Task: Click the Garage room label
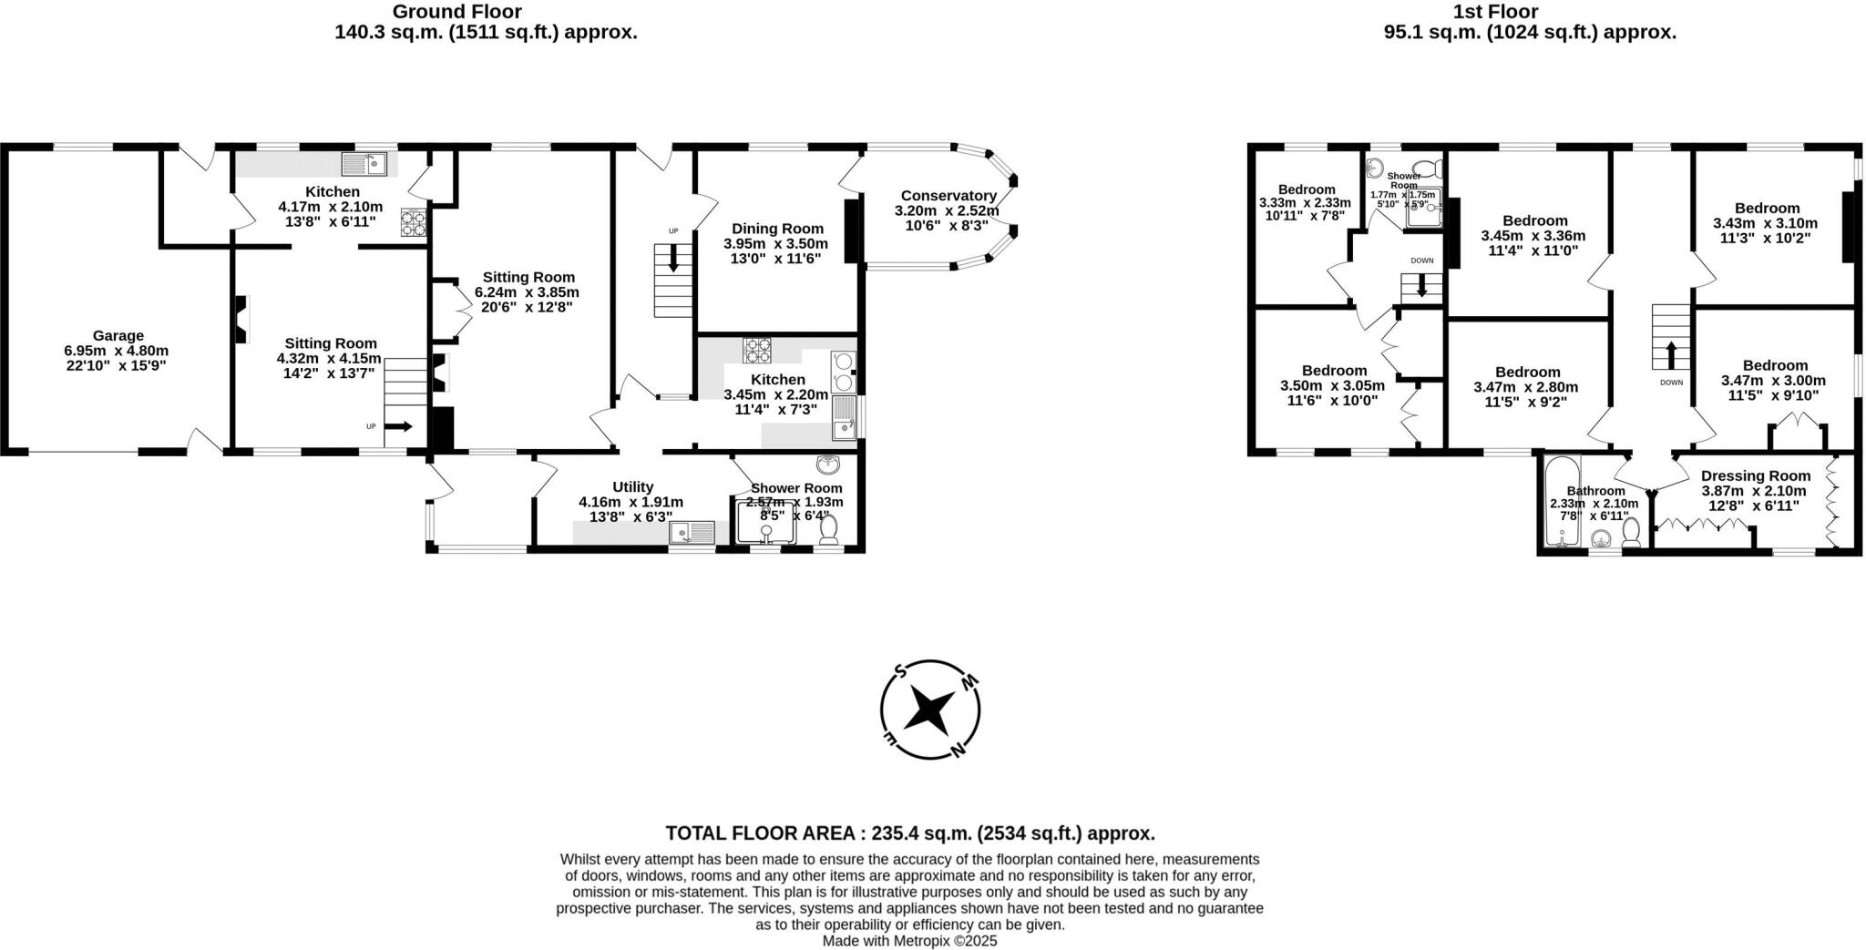[117, 335]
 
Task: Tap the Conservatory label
[948, 195]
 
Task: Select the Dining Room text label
[777, 229]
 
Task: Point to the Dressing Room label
[1755, 475]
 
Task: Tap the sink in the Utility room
[692, 533]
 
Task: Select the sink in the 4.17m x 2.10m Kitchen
[365, 164]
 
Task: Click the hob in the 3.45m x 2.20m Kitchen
[757, 350]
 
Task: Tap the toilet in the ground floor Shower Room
[828, 532]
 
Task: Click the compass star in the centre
[930, 710]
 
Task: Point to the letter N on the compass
[957, 750]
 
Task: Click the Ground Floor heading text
[456, 12]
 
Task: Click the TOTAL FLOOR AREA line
[909, 833]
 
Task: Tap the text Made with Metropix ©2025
[909, 941]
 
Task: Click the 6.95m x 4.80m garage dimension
[117, 350]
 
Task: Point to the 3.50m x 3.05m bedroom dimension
[1333, 385]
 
